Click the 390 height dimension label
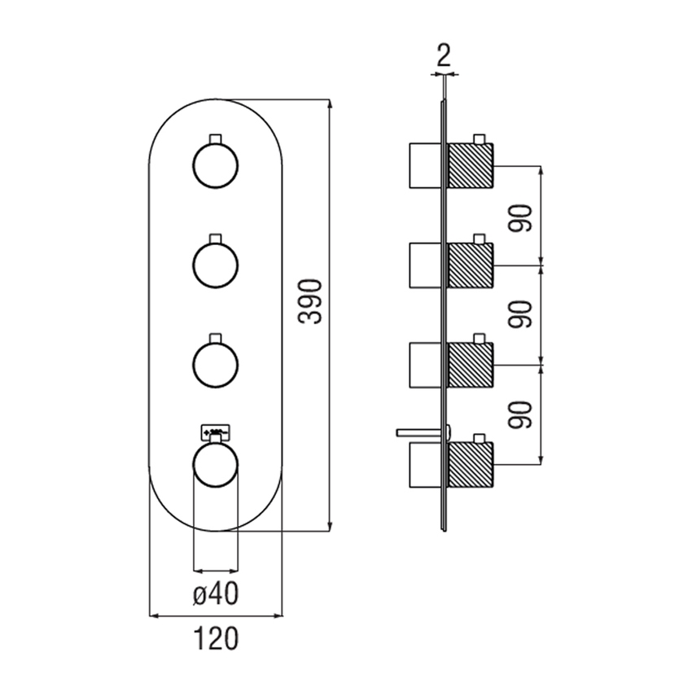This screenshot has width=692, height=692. tap(310, 303)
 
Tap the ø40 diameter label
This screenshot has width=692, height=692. tap(215, 596)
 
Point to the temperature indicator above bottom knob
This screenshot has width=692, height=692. tap(216, 429)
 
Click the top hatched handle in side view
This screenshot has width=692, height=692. tap(471, 166)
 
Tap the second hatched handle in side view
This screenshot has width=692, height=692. tap(471, 265)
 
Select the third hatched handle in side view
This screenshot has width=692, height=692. tap(471, 365)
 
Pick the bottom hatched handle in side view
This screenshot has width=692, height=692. tap(471, 464)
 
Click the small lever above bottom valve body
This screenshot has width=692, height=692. tap(418, 430)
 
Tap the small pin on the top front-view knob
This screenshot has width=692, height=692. tap(216, 138)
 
